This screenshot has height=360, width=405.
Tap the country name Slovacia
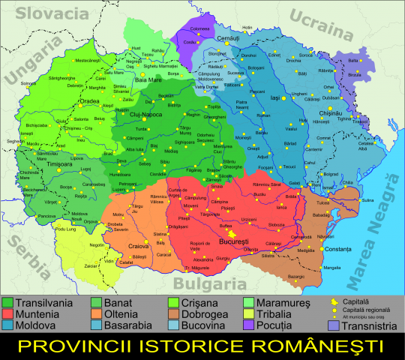click(44, 13)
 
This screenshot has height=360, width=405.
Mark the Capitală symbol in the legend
click(334, 301)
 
